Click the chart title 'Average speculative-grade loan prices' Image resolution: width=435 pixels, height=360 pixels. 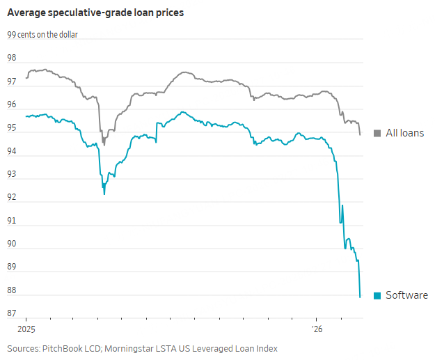[95, 13]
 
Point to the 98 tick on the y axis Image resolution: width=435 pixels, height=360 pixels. [12, 58]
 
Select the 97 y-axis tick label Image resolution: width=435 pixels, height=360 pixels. [12, 82]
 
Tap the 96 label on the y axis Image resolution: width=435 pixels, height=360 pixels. [12, 105]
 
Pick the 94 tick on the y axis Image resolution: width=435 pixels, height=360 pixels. [12, 152]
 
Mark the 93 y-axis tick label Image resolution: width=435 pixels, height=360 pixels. [12, 175]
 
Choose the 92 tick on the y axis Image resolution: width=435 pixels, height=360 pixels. [12, 198]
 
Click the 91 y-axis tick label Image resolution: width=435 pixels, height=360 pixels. [12, 221]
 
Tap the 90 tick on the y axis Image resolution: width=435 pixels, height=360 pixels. [12, 244]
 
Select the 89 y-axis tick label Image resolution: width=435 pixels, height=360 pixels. [12, 268]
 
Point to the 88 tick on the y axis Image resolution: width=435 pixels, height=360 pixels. [12, 291]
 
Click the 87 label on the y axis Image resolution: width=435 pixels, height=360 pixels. [12, 314]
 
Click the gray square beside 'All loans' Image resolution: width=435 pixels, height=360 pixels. [377, 133]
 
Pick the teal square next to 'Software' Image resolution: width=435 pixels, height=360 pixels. [377, 295]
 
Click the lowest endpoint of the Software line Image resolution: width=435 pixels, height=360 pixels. [360, 297]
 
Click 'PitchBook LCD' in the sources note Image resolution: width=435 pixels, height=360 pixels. [73, 347]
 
